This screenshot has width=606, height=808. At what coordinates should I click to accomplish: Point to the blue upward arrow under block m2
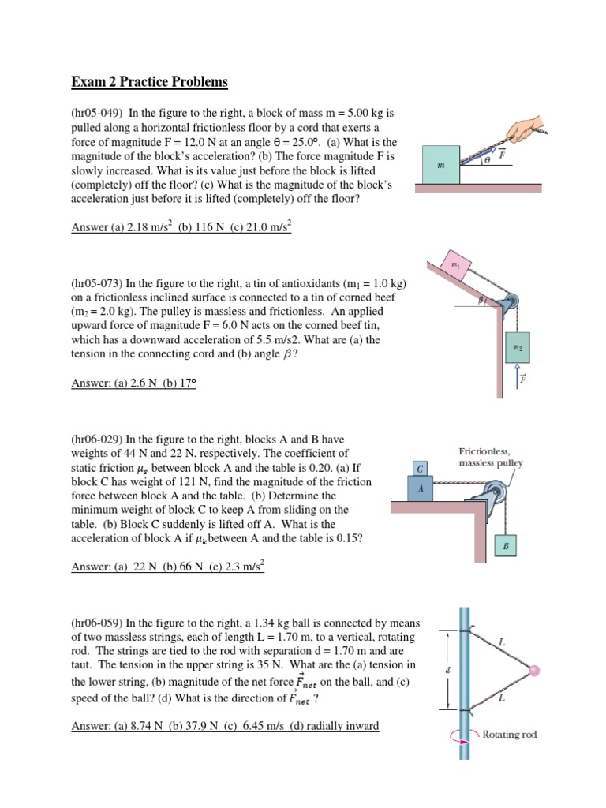coord(519,376)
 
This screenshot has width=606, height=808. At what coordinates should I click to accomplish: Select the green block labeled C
coord(421,469)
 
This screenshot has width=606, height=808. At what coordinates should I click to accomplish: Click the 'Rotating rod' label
coord(510,735)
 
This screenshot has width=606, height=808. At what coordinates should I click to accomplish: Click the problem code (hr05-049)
coord(96,114)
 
